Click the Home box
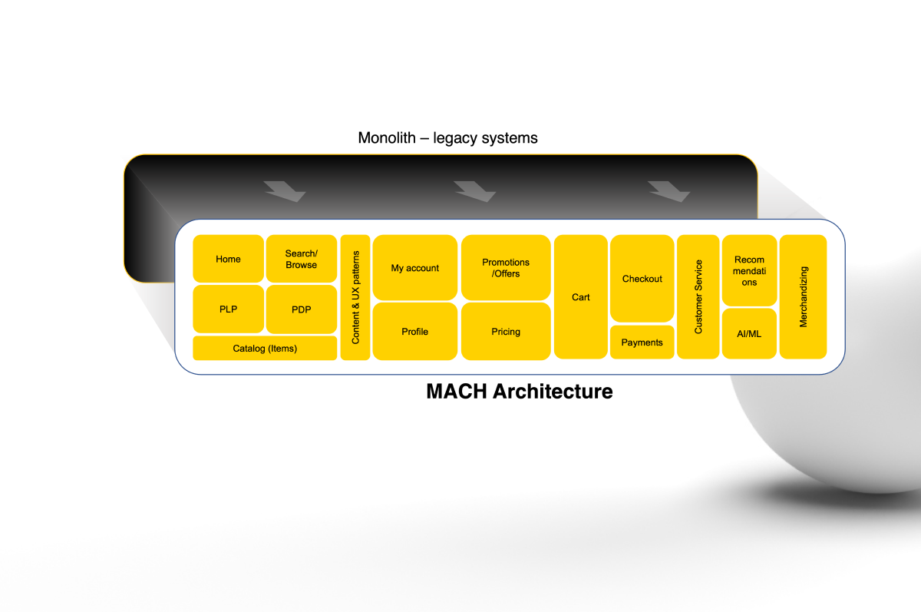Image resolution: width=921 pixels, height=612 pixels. [228, 259]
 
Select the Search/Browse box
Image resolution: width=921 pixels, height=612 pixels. [302, 259]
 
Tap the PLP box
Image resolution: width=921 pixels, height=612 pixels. [228, 309]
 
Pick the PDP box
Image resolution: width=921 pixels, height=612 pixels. [302, 309]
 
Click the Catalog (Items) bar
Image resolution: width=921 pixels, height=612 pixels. [265, 348]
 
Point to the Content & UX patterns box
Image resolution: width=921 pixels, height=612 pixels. [355, 297]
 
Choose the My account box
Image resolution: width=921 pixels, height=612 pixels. [415, 268]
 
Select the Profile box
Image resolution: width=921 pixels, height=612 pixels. [415, 332]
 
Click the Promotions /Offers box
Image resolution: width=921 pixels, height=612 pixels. [506, 268]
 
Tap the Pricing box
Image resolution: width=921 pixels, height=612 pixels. [506, 332]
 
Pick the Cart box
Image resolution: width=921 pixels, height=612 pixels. [580, 297]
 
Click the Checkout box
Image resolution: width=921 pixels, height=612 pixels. [642, 279]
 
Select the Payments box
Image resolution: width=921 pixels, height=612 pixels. [642, 342]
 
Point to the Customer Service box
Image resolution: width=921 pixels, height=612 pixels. [698, 297]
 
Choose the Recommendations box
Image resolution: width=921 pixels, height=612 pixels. [749, 270]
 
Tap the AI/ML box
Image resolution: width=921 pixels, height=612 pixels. [749, 333]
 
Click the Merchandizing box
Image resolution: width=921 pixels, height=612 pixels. [803, 297]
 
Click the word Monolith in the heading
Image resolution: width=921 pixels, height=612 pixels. [387, 137]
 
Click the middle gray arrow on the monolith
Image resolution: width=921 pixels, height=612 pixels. [475, 191]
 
